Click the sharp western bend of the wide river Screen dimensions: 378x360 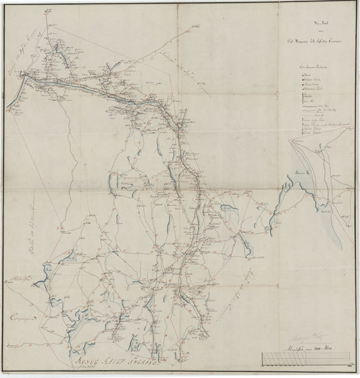pos(26,78)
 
